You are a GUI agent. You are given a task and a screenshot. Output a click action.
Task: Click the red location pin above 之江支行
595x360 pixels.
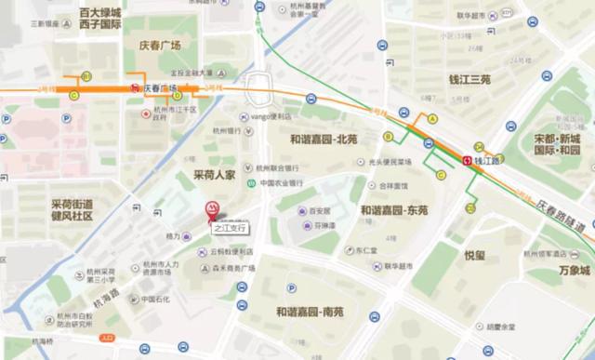click(212, 210)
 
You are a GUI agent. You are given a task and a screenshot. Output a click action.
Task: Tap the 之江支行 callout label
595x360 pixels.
click(231, 227)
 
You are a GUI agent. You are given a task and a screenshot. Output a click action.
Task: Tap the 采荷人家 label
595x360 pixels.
click(215, 174)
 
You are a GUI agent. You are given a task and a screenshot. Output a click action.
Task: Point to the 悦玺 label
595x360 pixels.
click(474, 255)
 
